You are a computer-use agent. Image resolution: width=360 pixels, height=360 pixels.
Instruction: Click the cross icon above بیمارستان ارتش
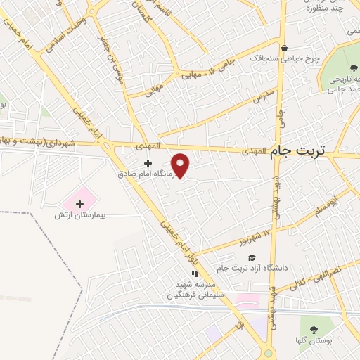(x=79, y=203)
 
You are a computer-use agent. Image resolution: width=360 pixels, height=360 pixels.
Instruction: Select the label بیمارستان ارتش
(x=79, y=214)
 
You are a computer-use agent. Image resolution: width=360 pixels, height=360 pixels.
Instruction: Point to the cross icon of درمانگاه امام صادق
(x=147, y=163)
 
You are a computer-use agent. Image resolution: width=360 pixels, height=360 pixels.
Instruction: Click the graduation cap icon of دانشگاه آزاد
(x=252, y=257)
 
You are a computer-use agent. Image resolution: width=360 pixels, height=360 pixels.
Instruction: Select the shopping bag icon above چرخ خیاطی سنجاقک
(x=284, y=49)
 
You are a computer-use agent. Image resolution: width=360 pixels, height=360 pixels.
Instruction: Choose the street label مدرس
(x=261, y=94)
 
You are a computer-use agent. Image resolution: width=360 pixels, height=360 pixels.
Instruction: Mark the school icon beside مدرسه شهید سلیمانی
(x=196, y=274)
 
